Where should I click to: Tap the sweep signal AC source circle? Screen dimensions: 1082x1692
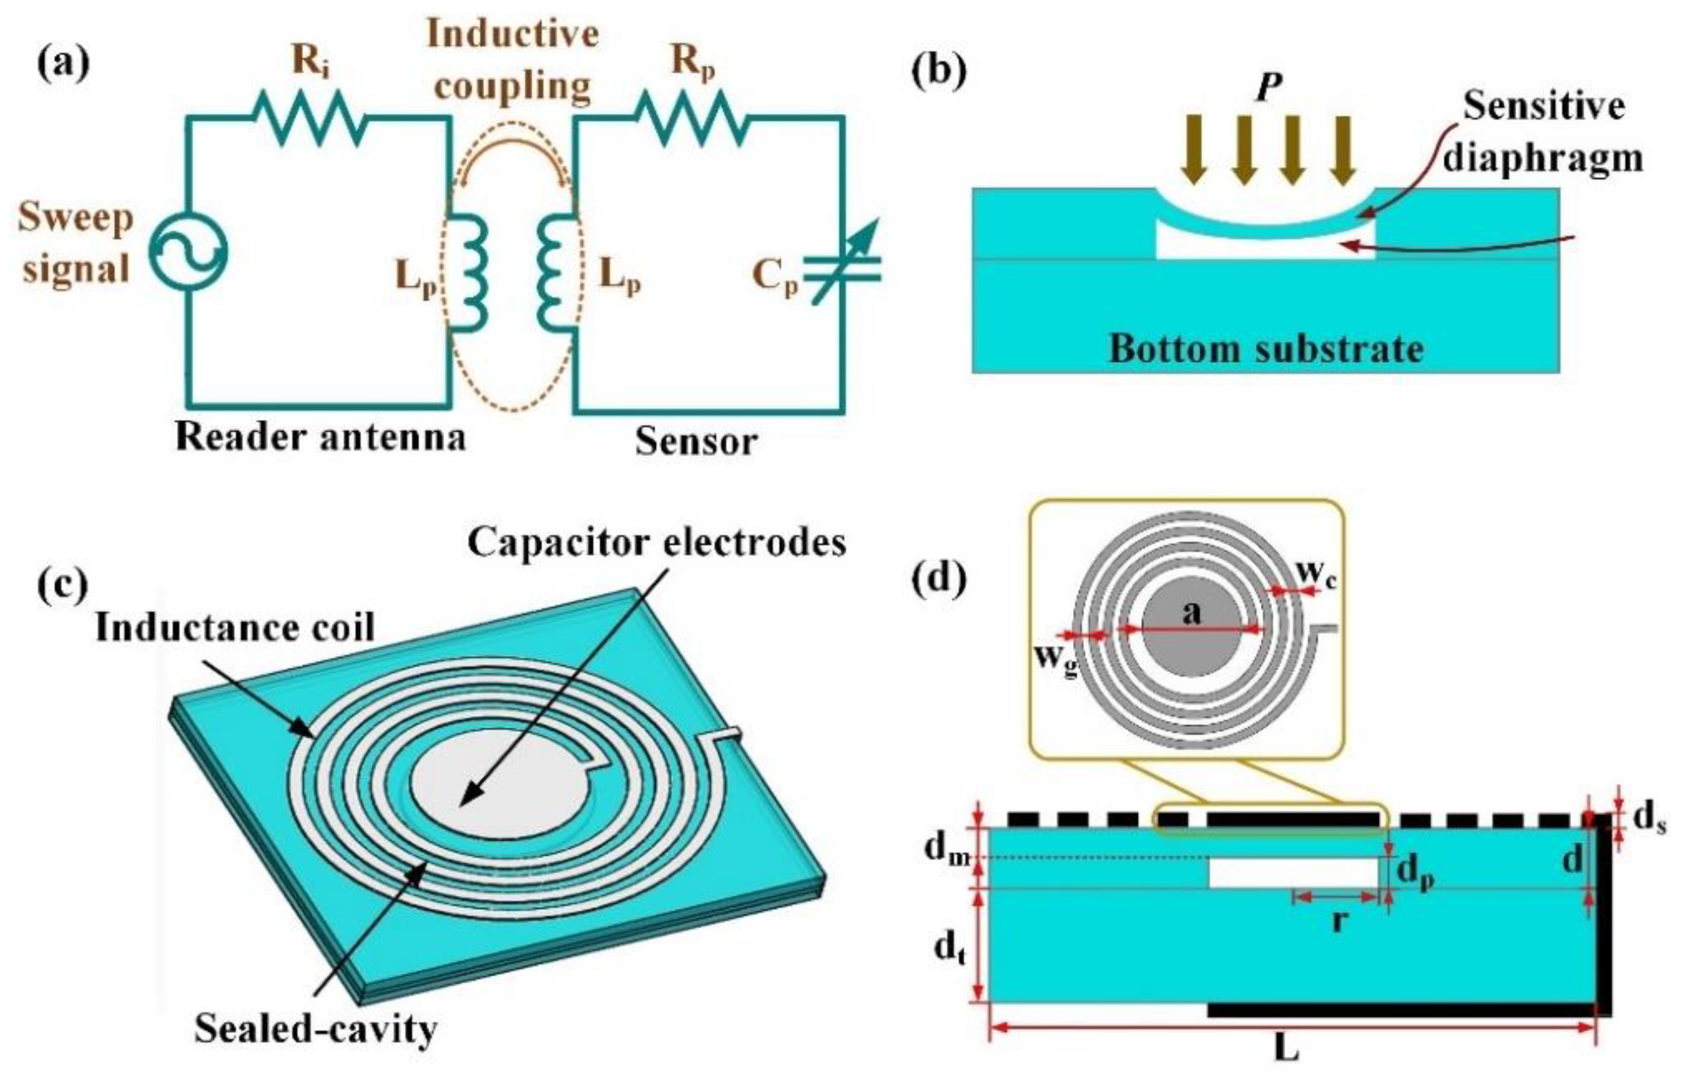pyautogui.click(x=188, y=251)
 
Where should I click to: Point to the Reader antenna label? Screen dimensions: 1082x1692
pyautogui.click(x=320, y=437)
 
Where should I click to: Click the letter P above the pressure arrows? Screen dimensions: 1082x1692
pyautogui.click(x=1269, y=88)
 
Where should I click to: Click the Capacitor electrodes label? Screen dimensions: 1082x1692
pyautogui.click(x=656, y=543)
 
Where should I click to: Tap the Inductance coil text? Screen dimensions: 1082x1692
pyautogui.click(x=235, y=627)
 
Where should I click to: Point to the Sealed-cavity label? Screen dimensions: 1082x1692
pyautogui.click(x=317, y=1029)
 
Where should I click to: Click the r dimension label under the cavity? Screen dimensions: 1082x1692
pyautogui.click(x=1339, y=920)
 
